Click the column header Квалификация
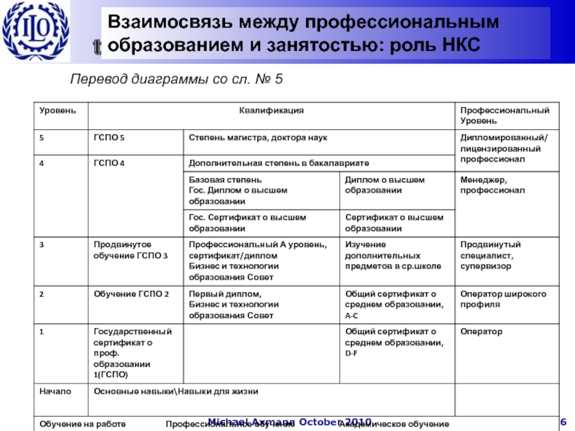(x=271, y=111)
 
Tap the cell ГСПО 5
(x=109, y=137)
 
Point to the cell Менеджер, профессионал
(x=492, y=185)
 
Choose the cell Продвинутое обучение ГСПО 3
(x=132, y=251)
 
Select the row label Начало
(x=55, y=391)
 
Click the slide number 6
(x=563, y=421)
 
